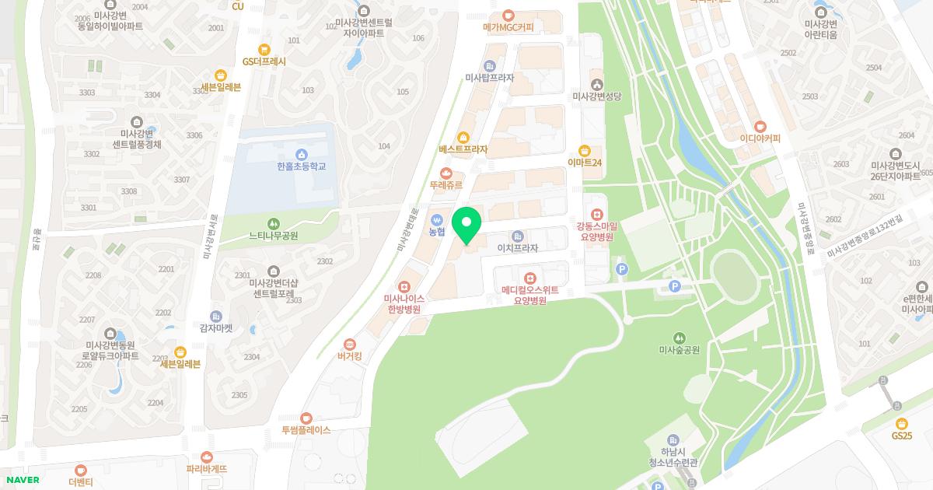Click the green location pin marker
pos(466,226)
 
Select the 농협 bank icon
pos(437,219)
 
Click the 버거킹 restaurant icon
pos(350,344)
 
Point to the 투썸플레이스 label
pos(306,430)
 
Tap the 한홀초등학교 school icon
pos(301,154)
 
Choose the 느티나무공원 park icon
pos(273,223)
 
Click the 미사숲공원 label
pos(680,350)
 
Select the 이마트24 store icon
pos(585,150)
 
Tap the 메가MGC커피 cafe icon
pos(508,15)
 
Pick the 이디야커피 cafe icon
pos(760,126)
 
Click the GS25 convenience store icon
pos(902,423)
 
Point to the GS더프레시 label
pos(264,61)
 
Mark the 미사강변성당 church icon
pos(596,84)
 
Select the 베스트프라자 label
pos(463,149)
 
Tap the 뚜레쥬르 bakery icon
pos(446,173)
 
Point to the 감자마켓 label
pos(216,328)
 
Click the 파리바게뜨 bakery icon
pos(206,457)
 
